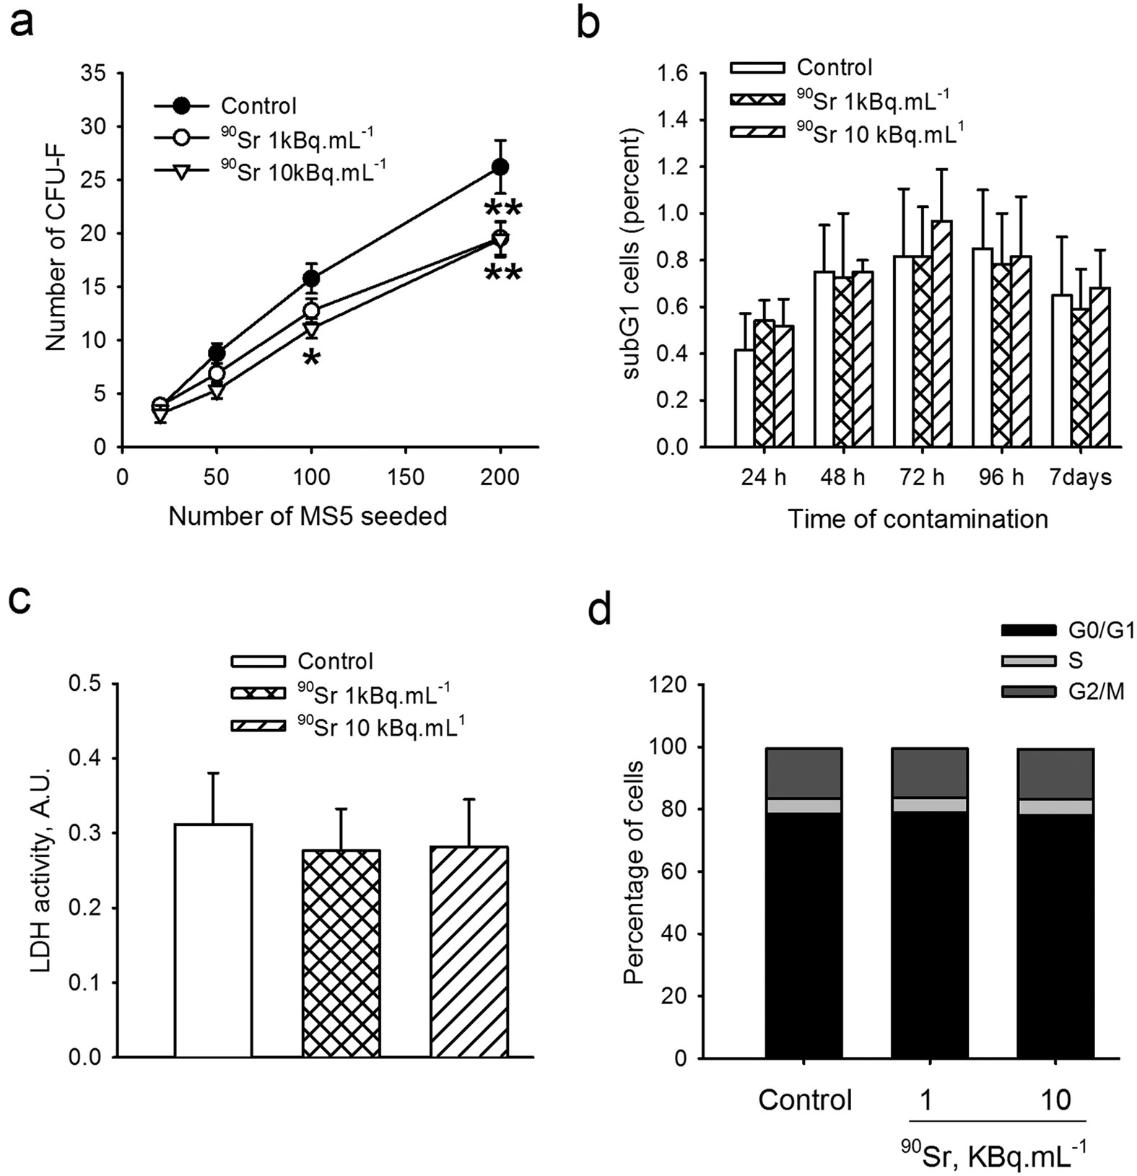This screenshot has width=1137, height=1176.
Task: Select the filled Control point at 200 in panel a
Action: click(500, 167)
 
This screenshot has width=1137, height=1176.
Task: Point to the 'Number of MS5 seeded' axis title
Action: click(308, 516)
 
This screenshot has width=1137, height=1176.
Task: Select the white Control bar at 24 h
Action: click(744, 398)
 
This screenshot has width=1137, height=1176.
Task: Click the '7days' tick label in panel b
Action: click(1081, 478)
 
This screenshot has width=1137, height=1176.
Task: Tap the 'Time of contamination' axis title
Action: click(917, 518)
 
